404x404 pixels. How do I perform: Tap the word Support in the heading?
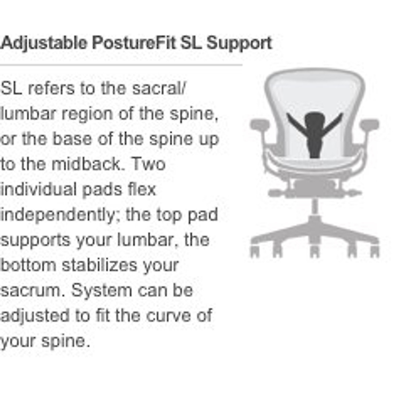coord(239,43)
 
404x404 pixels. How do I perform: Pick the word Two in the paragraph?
coord(148,164)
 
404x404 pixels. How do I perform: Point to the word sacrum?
coord(32,291)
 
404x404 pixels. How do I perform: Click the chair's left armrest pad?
coord(260,125)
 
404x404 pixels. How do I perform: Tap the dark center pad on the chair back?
coord(314,135)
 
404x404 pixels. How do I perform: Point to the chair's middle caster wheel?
coord(314,251)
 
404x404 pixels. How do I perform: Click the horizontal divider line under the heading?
coord(121,64)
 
